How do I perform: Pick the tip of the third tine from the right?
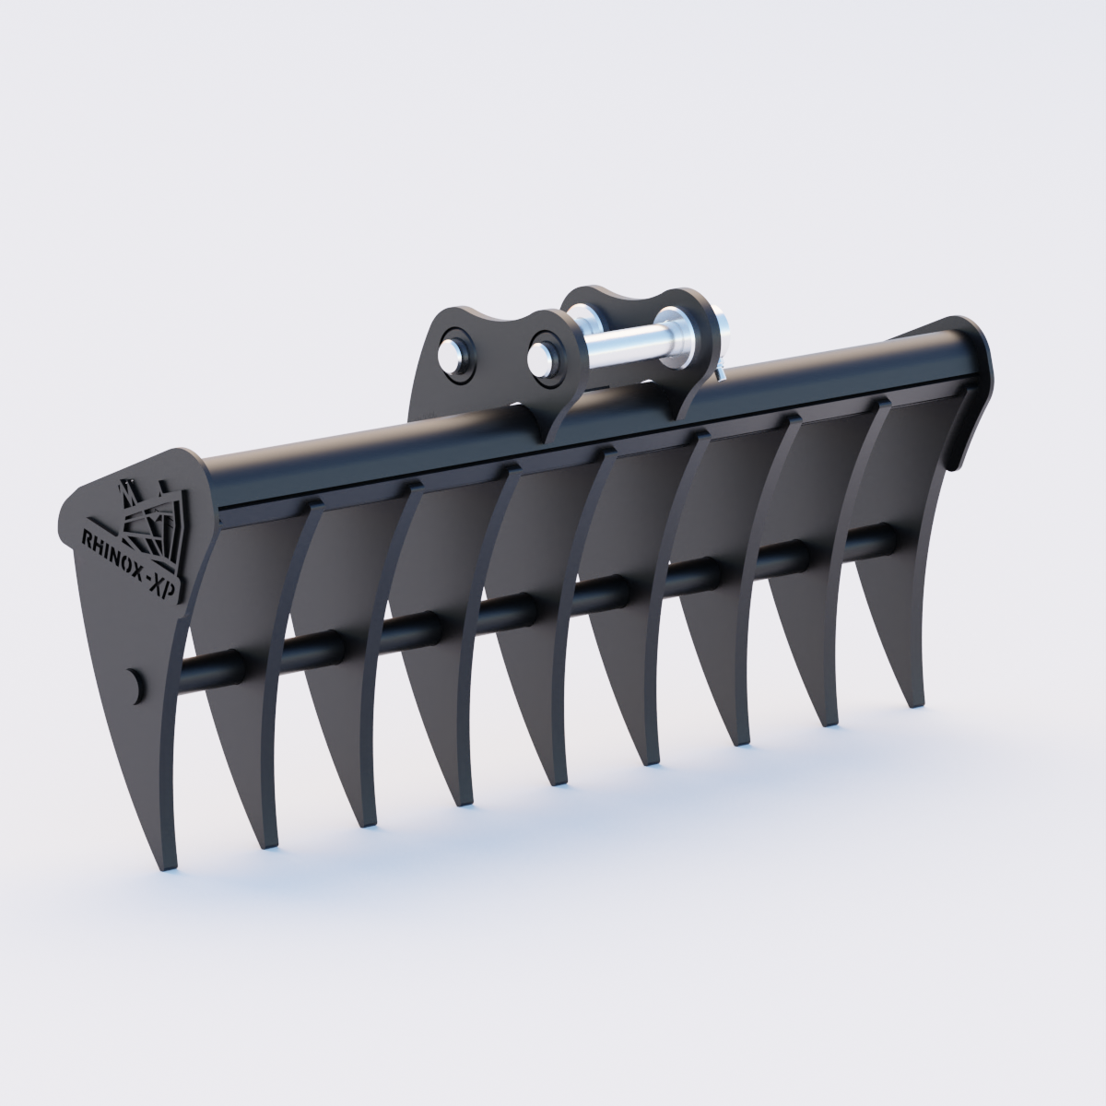743,743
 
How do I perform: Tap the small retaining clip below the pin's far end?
721,372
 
